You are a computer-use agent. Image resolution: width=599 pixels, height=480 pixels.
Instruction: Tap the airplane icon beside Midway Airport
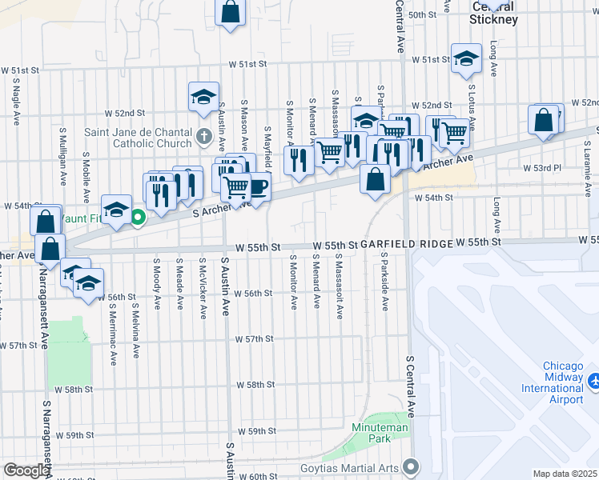pyautogui.click(x=593, y=382)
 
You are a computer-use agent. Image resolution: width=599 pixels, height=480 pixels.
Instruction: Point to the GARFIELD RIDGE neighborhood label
pyautogui.click(x=405, y=243)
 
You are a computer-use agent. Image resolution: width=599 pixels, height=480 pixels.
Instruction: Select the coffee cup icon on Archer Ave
pyautogui.click(x=259, y=186)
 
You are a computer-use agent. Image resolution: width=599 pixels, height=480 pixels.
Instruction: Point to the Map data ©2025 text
pyautogui.click(x=564, y=474)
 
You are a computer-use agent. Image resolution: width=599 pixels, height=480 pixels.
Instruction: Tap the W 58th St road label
pyautogui.click(x=255, y=385)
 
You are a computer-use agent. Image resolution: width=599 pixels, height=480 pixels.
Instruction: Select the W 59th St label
pyautogui.click(x=256, y=431)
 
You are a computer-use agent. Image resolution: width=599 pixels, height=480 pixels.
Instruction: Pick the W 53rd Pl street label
pyautogui.click(x=542, y=169)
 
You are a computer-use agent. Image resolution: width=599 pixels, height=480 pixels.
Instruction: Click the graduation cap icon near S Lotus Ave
pyautogui.click(x=466, y=58)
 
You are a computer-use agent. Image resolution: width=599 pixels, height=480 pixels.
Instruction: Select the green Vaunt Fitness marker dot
pyautogui.click(x=138, y=216)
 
